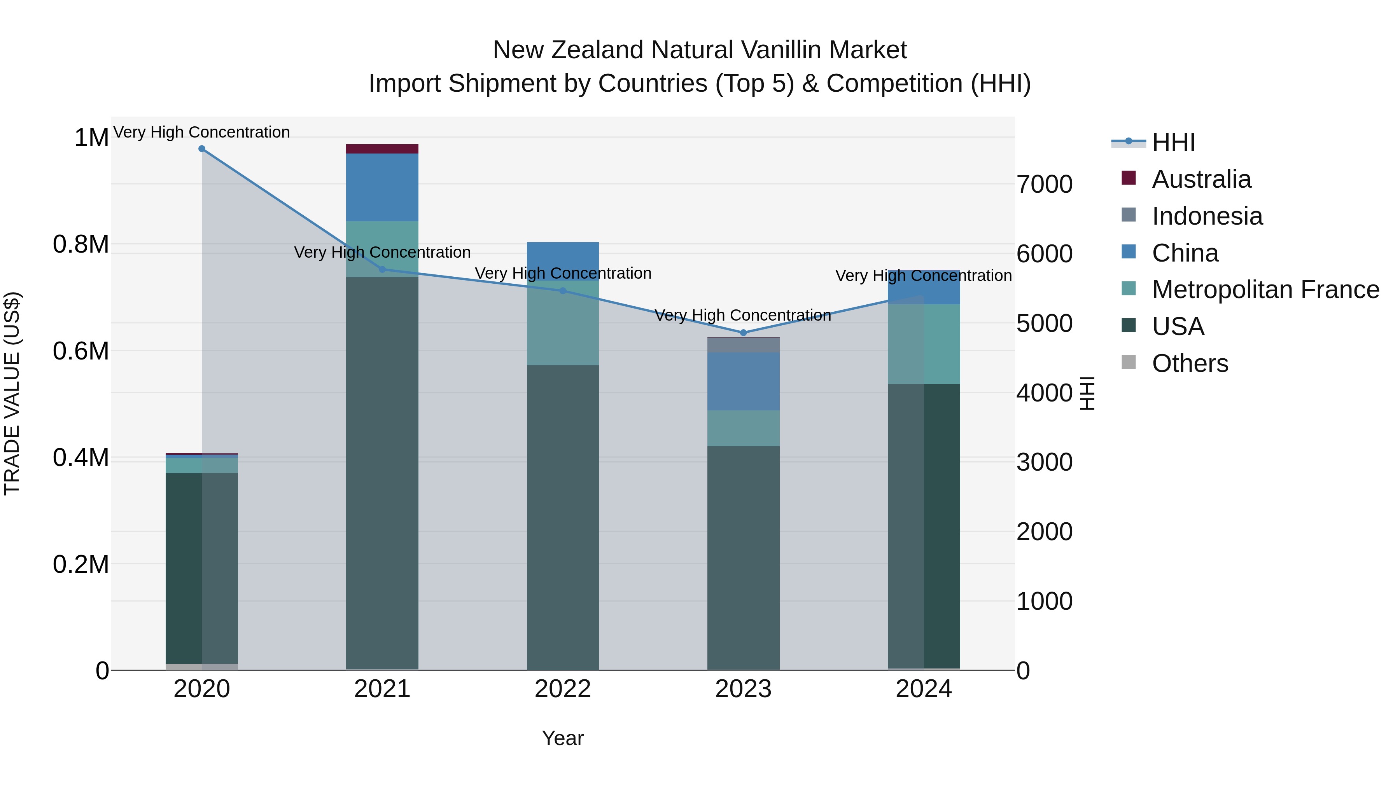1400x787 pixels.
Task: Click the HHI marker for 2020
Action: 201,149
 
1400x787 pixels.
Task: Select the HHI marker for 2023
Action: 744,332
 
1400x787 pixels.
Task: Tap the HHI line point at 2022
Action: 563,291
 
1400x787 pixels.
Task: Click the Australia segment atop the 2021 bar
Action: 382,149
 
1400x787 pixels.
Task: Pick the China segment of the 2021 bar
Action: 382,187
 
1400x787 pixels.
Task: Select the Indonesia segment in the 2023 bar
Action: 744,345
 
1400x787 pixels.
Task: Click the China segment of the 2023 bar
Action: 744,381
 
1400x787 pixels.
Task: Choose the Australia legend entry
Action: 1201,179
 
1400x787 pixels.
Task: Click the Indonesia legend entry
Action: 1206,216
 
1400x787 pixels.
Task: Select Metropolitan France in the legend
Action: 1265,290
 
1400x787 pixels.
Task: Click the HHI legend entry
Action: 1173,142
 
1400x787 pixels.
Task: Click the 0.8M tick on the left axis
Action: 81,244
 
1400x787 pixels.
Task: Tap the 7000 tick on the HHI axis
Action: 1045,185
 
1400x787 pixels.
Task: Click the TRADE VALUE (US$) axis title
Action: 12,393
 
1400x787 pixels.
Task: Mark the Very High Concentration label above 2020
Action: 201,133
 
